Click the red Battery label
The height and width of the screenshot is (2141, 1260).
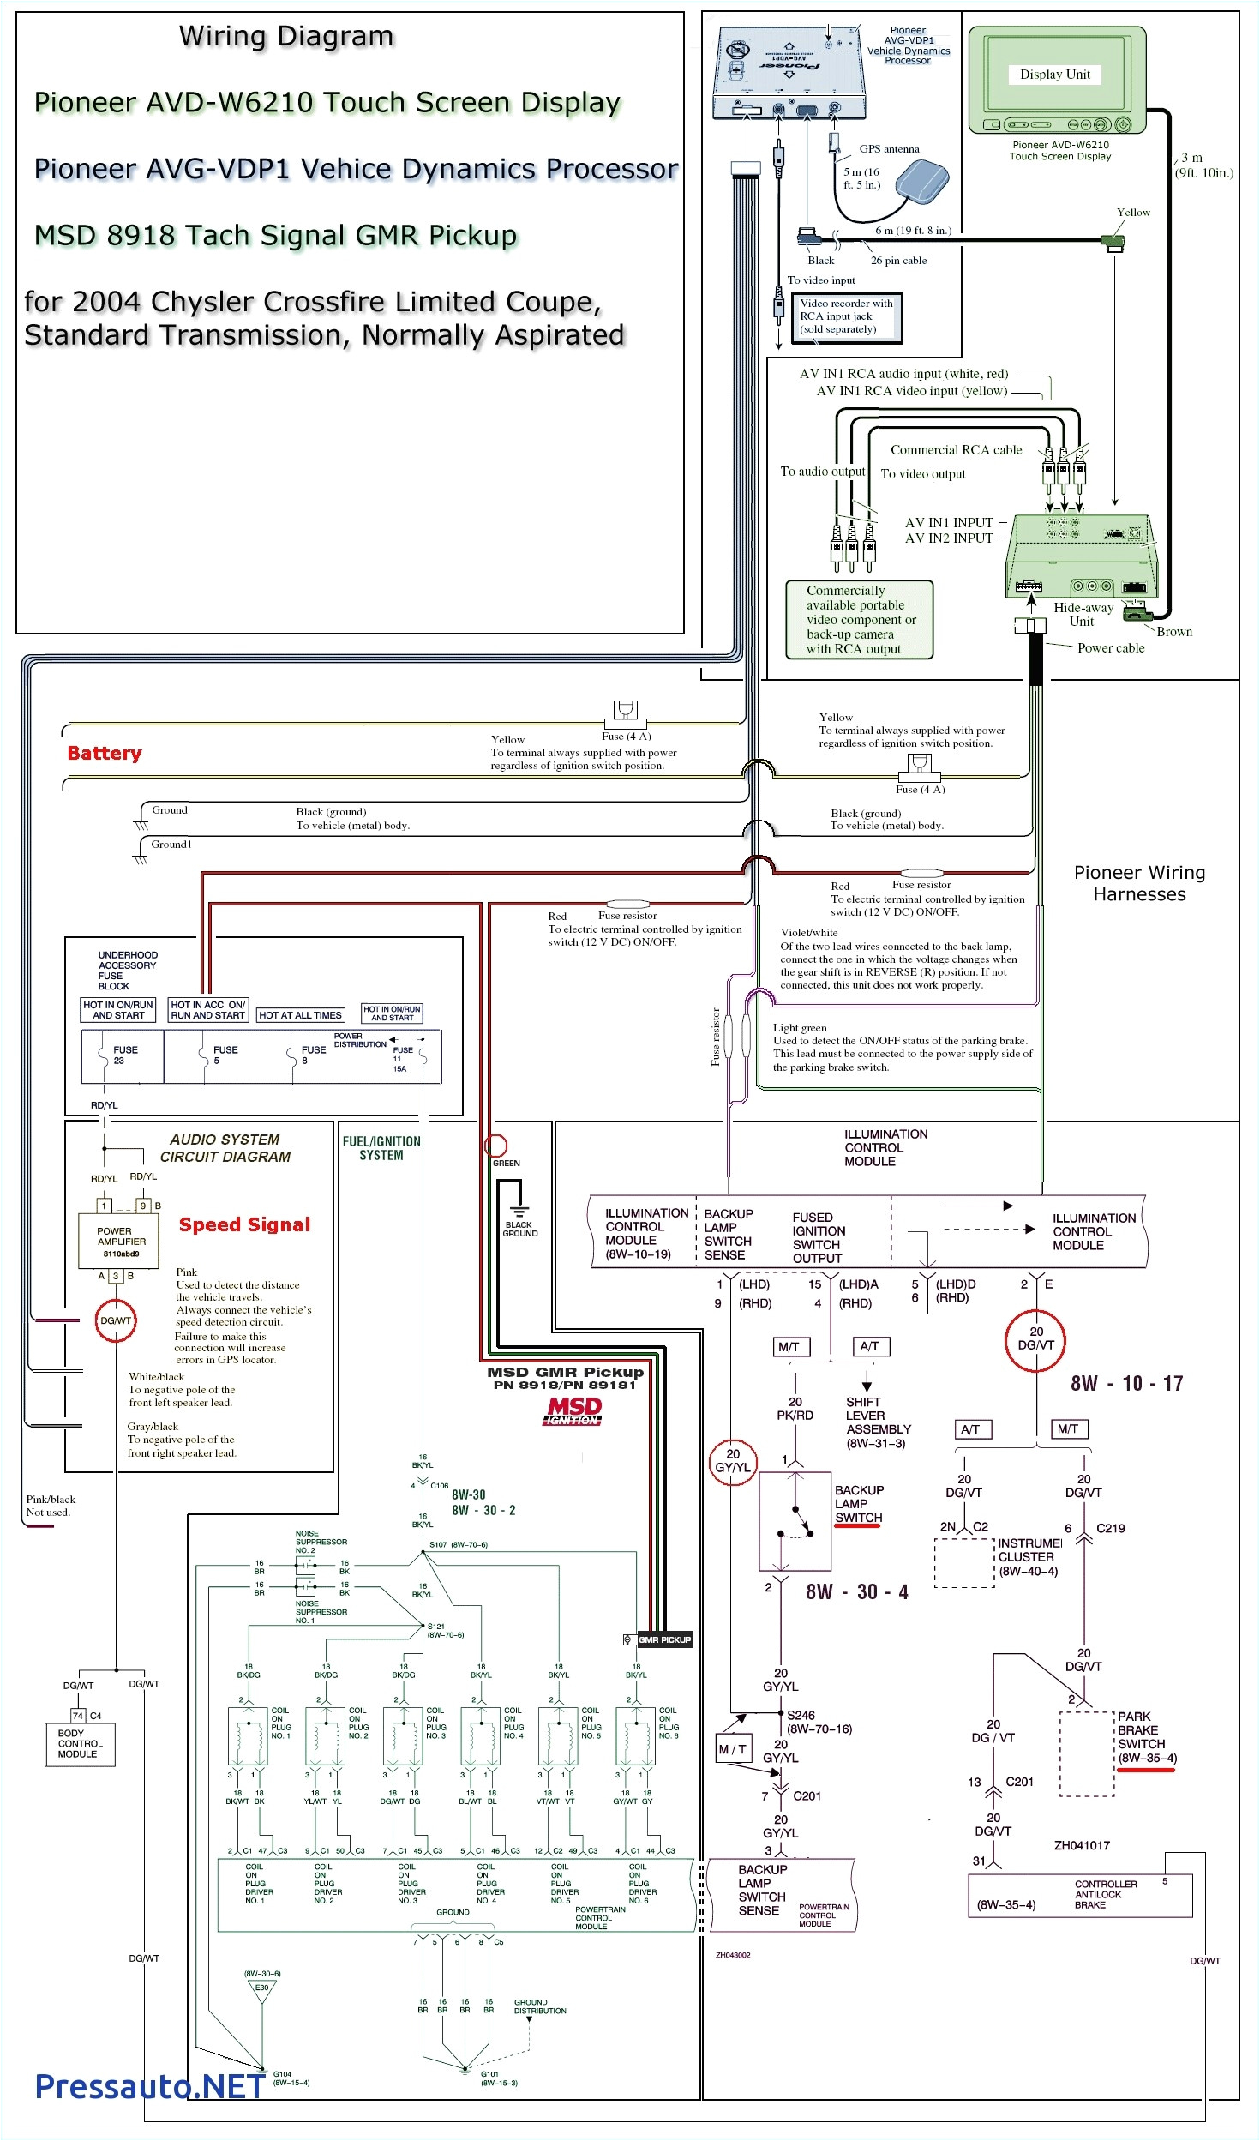[105, 754]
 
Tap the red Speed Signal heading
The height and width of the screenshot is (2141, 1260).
[244, 1224]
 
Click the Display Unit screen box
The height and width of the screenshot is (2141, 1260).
[1055, 75]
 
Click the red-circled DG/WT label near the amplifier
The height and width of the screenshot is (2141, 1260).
[116, 1320]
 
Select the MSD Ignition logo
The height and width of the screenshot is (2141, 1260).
[573, 1410]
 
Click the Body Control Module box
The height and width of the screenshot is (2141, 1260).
[81, 1743]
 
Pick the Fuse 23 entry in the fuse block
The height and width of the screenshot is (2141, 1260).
[122, 1055]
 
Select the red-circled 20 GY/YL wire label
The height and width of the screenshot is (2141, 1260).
[732, 1460]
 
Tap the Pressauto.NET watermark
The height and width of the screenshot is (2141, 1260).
[150, 2086]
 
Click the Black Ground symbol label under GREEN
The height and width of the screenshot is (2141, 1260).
[519, 1229]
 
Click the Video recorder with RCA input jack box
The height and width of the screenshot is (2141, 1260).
[846, 316]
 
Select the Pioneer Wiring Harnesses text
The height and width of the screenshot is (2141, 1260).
[1139, 883]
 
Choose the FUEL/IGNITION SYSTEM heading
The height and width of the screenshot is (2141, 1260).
[381, 1148]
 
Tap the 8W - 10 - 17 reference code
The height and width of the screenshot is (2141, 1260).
[1126, 1383]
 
